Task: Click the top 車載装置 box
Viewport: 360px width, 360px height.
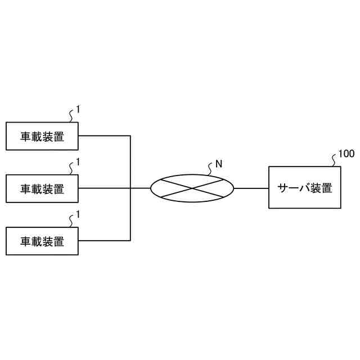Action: [x=42, y=136]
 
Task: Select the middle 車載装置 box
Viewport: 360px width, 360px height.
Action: [x=42, y=188]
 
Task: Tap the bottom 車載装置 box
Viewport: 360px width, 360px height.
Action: [x=42, y=241]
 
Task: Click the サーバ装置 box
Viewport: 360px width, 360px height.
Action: [x=304, y=188]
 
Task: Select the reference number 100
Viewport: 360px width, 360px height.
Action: [x=346, y=154]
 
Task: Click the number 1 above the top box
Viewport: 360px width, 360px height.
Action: [x=78, y=110]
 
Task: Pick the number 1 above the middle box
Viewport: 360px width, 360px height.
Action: [x=78, y=162]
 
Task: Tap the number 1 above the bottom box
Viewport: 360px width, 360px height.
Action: [x=78, y=214]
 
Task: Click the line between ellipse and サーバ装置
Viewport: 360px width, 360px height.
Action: [x=251, y=188]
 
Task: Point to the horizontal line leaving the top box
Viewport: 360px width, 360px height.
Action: [x=104, y=136]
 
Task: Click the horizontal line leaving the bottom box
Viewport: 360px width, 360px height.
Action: [x=104, y=241]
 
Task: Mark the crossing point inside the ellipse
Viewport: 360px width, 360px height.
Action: [x=192, y=188]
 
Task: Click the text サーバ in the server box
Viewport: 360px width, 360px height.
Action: [x=291, y=188]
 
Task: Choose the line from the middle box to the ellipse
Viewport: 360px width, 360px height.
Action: [x=112, y=188]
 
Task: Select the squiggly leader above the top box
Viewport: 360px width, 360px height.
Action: [x=71, y=116]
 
